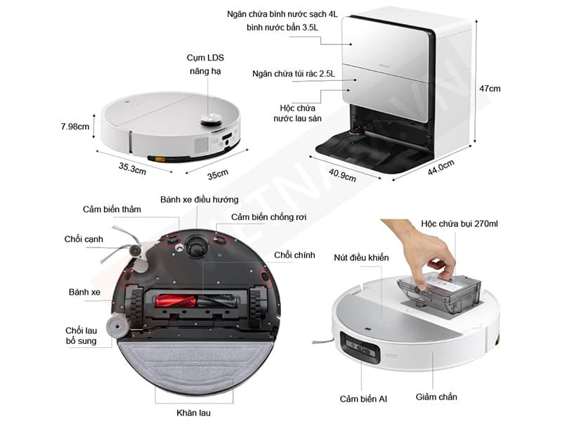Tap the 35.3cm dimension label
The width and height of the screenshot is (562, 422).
tap(131, 168)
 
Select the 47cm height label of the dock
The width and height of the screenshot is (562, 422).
tap(490, 89)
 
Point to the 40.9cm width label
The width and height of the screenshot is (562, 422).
tap(341, 173)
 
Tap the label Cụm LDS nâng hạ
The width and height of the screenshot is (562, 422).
tap(205, 64)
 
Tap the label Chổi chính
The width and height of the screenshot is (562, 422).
tap(294, 255)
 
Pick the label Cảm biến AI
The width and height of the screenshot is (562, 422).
tap(363, 399)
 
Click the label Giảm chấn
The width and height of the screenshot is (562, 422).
tap(436, 397)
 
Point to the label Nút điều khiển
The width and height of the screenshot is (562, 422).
tap(361, 257)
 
